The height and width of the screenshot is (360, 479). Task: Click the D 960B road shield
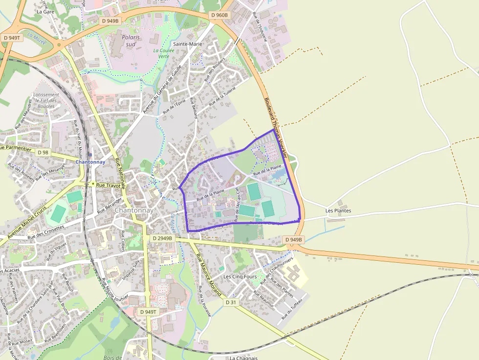click(x=219, y=15)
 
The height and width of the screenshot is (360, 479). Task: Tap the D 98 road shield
click(x=43, y=152)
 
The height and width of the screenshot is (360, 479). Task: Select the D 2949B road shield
click(x=162, y=238)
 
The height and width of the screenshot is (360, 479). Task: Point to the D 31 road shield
click(x=231, y=302)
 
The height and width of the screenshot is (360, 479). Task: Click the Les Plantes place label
click(x=338, y=211)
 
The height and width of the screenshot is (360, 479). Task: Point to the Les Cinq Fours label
click(x=240, y=276)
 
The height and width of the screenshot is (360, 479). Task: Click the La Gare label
click(x=45, y=11)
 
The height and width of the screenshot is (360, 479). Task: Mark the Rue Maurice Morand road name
click(x=208, y=275)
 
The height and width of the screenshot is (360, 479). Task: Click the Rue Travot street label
click(x=108, y=185)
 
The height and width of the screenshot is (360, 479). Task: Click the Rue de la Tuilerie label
click(x=222, y=97)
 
